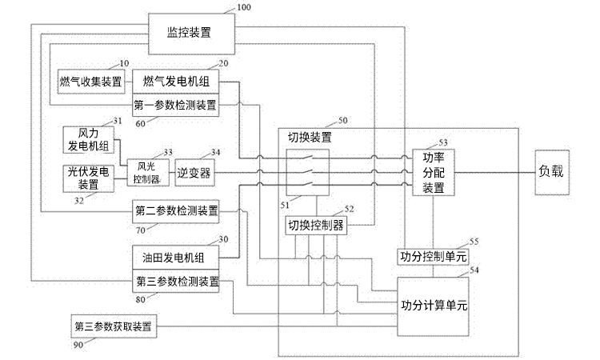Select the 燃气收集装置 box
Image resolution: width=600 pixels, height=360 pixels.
[90, 82]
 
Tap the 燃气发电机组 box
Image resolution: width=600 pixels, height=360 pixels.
[174, 82]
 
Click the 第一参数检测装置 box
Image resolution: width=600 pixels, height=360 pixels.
[174, 105]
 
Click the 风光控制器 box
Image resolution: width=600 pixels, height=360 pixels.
[145, 173]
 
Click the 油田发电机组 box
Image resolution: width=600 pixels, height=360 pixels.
[174, 258]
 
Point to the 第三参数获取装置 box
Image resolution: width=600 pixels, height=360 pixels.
[113, 326]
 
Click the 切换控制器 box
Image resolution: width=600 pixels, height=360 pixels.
[316, 226]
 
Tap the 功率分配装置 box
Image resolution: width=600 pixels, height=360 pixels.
[433, 172]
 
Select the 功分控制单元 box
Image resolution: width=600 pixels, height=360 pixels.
[433, 256]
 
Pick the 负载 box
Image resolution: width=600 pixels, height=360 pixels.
[555, 171]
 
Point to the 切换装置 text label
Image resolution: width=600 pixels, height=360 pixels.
[310, 137]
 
